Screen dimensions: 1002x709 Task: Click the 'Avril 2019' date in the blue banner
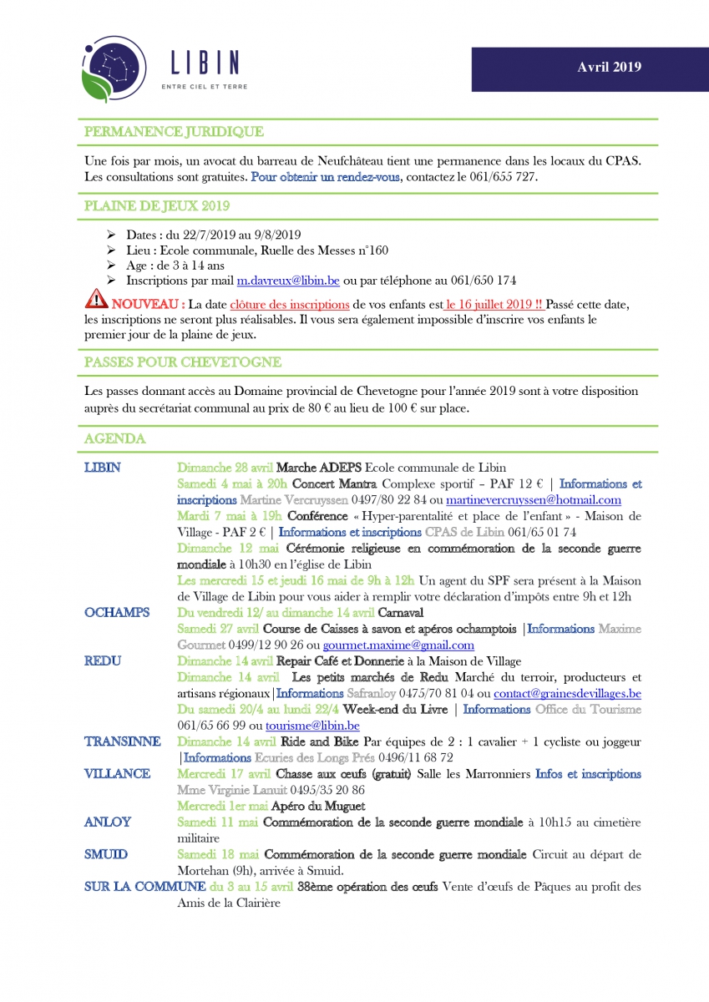click(609, 68)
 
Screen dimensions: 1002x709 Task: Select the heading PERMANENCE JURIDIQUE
click(174, 131)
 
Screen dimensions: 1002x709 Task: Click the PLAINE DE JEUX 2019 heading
click(157, 205)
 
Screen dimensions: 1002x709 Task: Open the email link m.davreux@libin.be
click(283, 281)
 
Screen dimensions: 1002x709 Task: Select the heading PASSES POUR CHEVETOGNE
click(182, 362)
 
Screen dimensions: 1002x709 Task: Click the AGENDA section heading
click(115, 438)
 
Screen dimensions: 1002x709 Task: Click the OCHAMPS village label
click(117, 612)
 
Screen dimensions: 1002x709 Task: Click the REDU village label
click(103, 660)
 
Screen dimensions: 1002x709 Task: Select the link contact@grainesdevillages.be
click(567, 693)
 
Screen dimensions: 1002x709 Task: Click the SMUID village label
click(106, 854)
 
